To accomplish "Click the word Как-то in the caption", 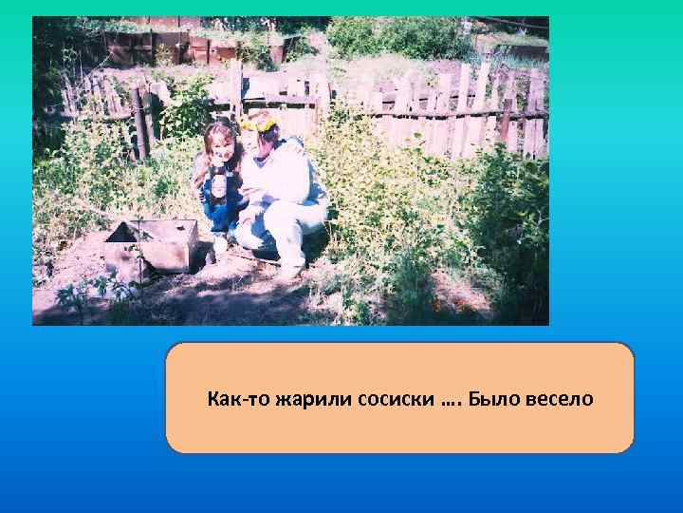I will pyautogui.click(x=239, y=398).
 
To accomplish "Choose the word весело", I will pyautogui.click(x=562, y=398).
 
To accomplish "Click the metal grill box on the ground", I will pyautogui.click(x=151, y=246).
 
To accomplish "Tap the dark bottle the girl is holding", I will pyautogui.click(x=220, y=184).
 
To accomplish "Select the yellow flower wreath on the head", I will pyautogui.click(x=258, y=123).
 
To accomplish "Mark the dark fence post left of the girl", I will pyautogui.click(x=139, y=123).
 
